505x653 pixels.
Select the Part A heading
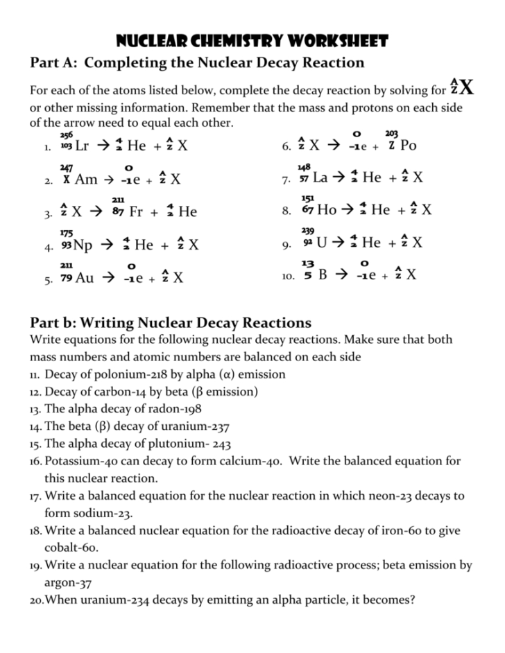[197, 63]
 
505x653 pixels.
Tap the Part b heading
[171, 322]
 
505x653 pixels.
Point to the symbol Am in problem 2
[86, 180]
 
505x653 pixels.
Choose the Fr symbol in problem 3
[136, 212]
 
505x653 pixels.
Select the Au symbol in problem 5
[85, 278]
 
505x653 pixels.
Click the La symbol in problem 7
[320, 178]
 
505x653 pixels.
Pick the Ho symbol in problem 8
[326, 210]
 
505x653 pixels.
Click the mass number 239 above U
[307, 231]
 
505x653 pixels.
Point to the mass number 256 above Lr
[67, 134]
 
